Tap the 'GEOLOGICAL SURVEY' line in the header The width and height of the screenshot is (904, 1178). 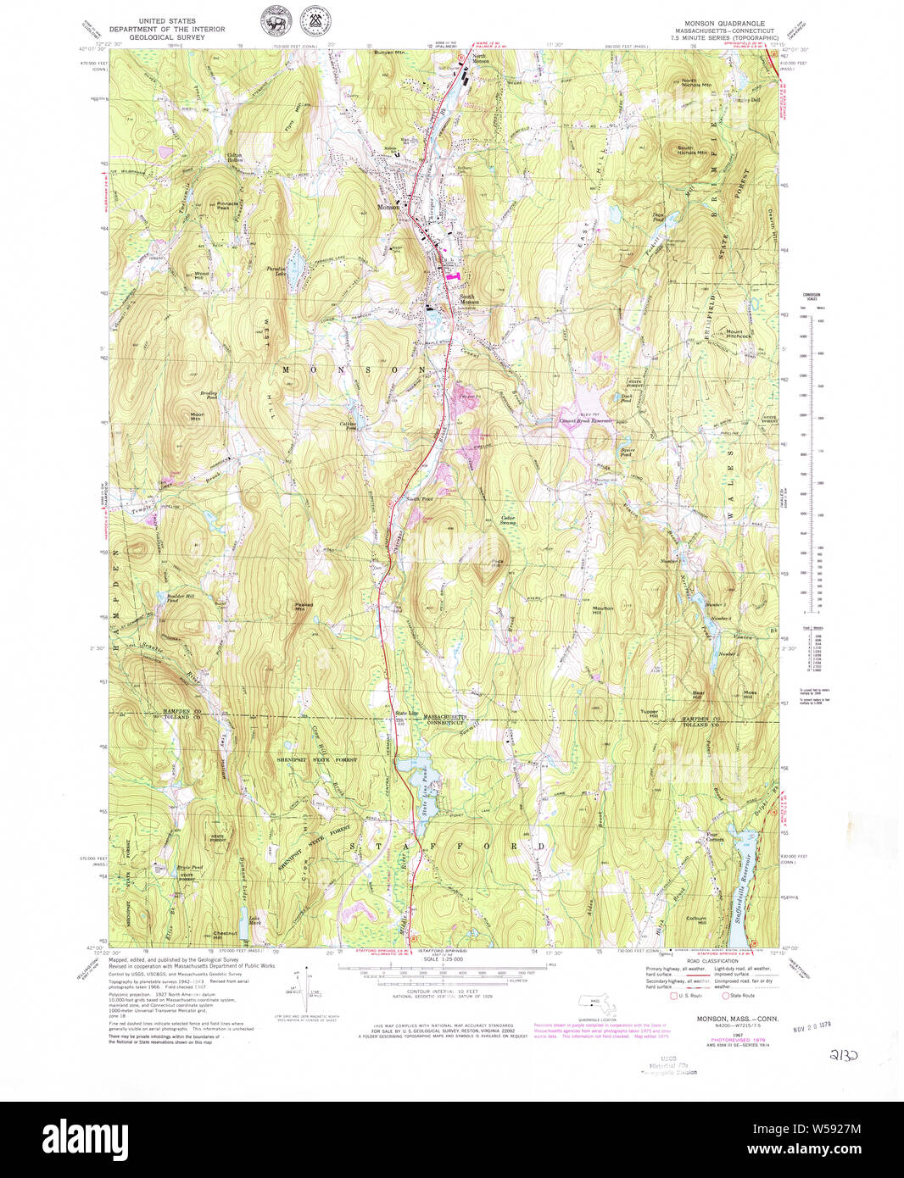(166, 37)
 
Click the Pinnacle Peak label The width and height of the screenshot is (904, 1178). (227, 205)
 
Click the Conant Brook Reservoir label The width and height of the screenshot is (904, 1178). (584, 420)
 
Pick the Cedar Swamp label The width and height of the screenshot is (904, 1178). (508, 520)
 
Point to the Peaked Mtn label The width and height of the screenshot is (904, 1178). (304, 606)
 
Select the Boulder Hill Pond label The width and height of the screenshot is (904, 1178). (179, 599)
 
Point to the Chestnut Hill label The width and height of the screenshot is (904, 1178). (224, 935)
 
